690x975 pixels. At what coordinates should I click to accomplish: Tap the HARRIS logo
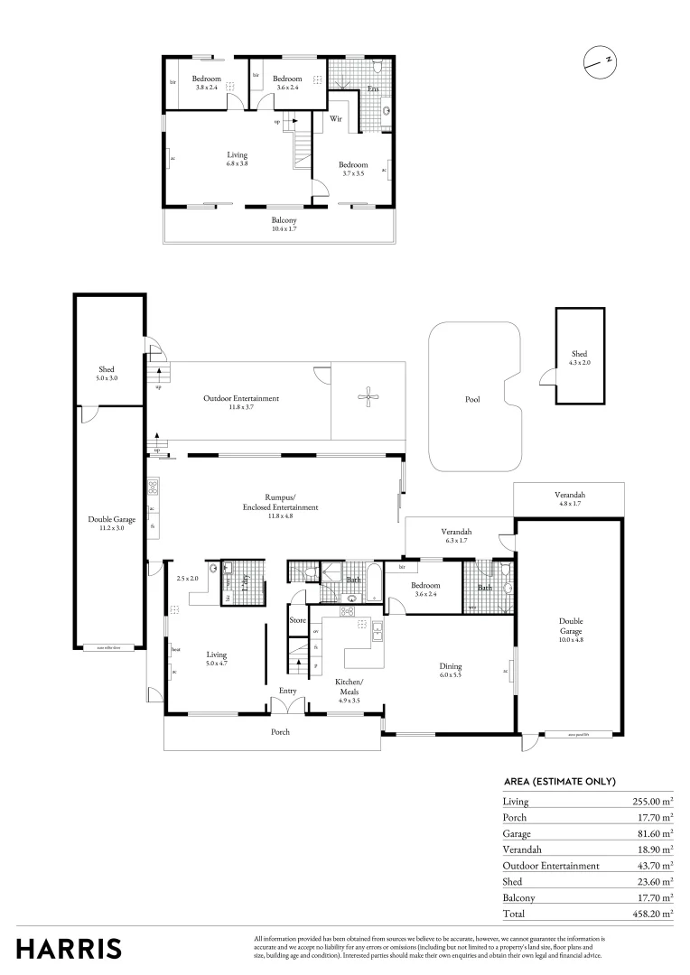coord(69,949)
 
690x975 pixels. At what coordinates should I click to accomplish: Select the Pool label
coord(472,399)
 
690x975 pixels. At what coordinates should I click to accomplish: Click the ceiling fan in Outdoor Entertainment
coord(368,395)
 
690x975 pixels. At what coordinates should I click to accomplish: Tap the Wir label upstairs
coord(335,118)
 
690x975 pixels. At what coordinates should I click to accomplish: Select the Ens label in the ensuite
coord(372,89)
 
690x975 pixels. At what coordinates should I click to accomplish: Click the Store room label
coord(298,620)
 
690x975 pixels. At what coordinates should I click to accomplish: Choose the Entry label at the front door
coord(287,691)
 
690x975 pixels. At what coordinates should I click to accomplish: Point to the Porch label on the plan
coord(281,731)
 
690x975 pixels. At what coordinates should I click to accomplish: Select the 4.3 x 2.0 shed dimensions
coord(579,362)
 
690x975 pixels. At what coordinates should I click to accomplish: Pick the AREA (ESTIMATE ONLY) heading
coord(559,781)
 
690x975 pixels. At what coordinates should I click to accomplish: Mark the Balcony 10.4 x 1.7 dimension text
coord(284,229)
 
